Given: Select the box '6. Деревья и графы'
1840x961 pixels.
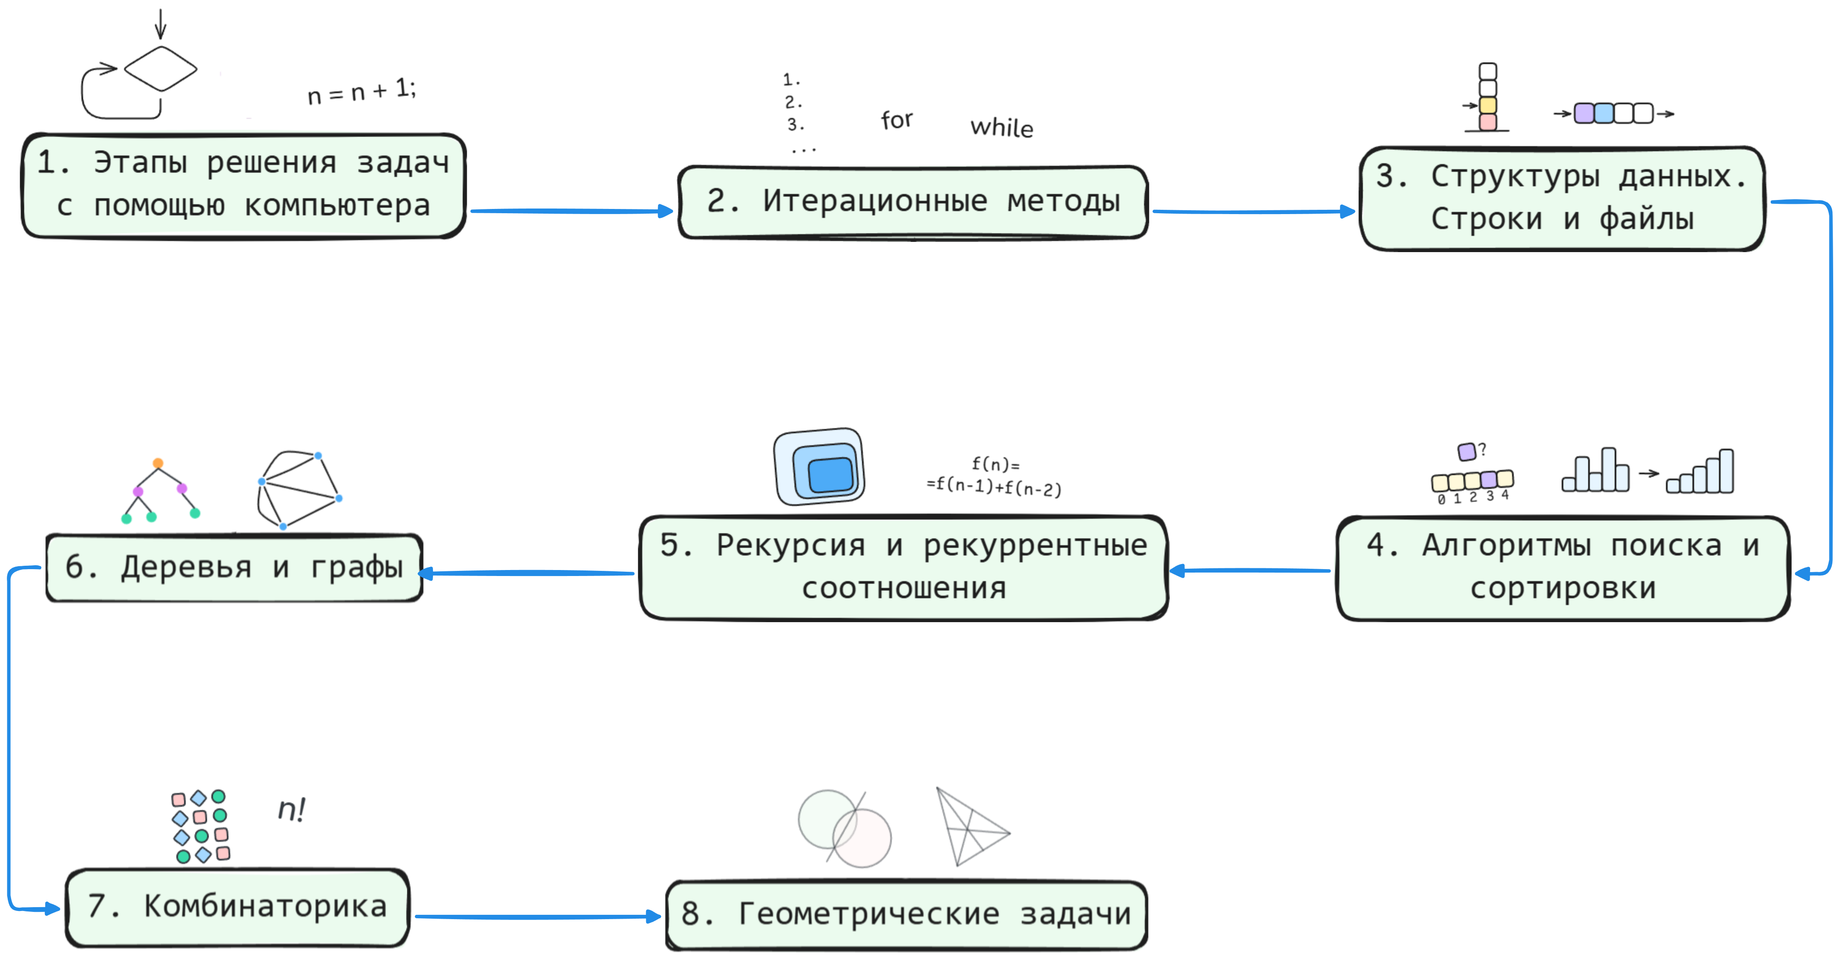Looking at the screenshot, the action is click(234, 567).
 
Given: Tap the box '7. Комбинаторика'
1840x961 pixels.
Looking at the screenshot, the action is click(237, 908).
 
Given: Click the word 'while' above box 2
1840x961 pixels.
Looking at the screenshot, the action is click(1001, 127).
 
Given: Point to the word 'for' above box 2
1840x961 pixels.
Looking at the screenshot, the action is click(896, 119).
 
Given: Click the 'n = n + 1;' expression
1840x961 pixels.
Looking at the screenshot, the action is click(362, 91).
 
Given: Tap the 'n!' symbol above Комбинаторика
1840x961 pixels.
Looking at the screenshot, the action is click(291, 810).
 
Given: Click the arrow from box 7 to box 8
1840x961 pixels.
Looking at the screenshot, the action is click(538, 917).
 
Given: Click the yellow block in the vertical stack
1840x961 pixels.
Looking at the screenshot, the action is click(1488, 106).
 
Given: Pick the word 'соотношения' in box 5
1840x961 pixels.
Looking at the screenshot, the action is click(904, 588).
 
